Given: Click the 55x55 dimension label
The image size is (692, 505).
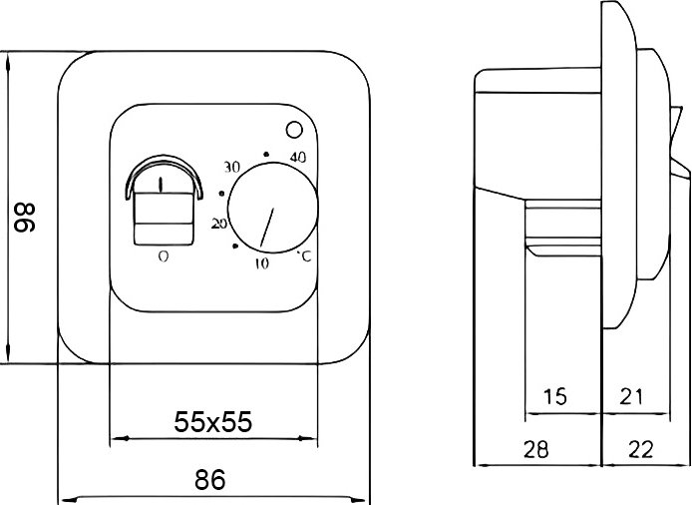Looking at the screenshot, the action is (213, 421).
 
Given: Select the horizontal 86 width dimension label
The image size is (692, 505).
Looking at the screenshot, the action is (210, 479).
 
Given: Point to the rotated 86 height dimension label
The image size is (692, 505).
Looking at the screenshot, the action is (25, 218).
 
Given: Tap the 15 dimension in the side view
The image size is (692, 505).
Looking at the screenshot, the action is (554, 396).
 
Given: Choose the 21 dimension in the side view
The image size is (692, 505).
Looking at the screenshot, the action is (631, 396).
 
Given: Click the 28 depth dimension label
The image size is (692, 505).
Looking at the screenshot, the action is (535, 449).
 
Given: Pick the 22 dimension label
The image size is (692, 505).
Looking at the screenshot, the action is (640, 449).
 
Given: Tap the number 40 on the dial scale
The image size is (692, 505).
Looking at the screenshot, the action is (298, 157).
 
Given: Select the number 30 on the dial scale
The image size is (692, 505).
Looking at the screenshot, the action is (231, 167).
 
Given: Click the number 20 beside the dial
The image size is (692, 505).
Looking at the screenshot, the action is (219, 224).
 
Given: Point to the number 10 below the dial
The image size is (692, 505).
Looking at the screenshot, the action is (261, 263).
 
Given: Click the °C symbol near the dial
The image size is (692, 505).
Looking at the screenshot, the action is (304, 255).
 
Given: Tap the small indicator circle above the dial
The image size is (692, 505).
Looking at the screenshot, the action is (294, 130).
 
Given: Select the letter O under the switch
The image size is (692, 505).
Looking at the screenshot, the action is (164, 255).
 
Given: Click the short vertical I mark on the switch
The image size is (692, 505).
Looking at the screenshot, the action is (161, 185).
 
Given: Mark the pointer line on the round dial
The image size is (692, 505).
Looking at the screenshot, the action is (266, 228).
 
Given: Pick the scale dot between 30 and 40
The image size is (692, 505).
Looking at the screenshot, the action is (265, 155).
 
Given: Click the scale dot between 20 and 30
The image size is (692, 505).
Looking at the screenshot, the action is (221, 194).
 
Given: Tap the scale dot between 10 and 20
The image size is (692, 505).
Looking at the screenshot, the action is (235, 247).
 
